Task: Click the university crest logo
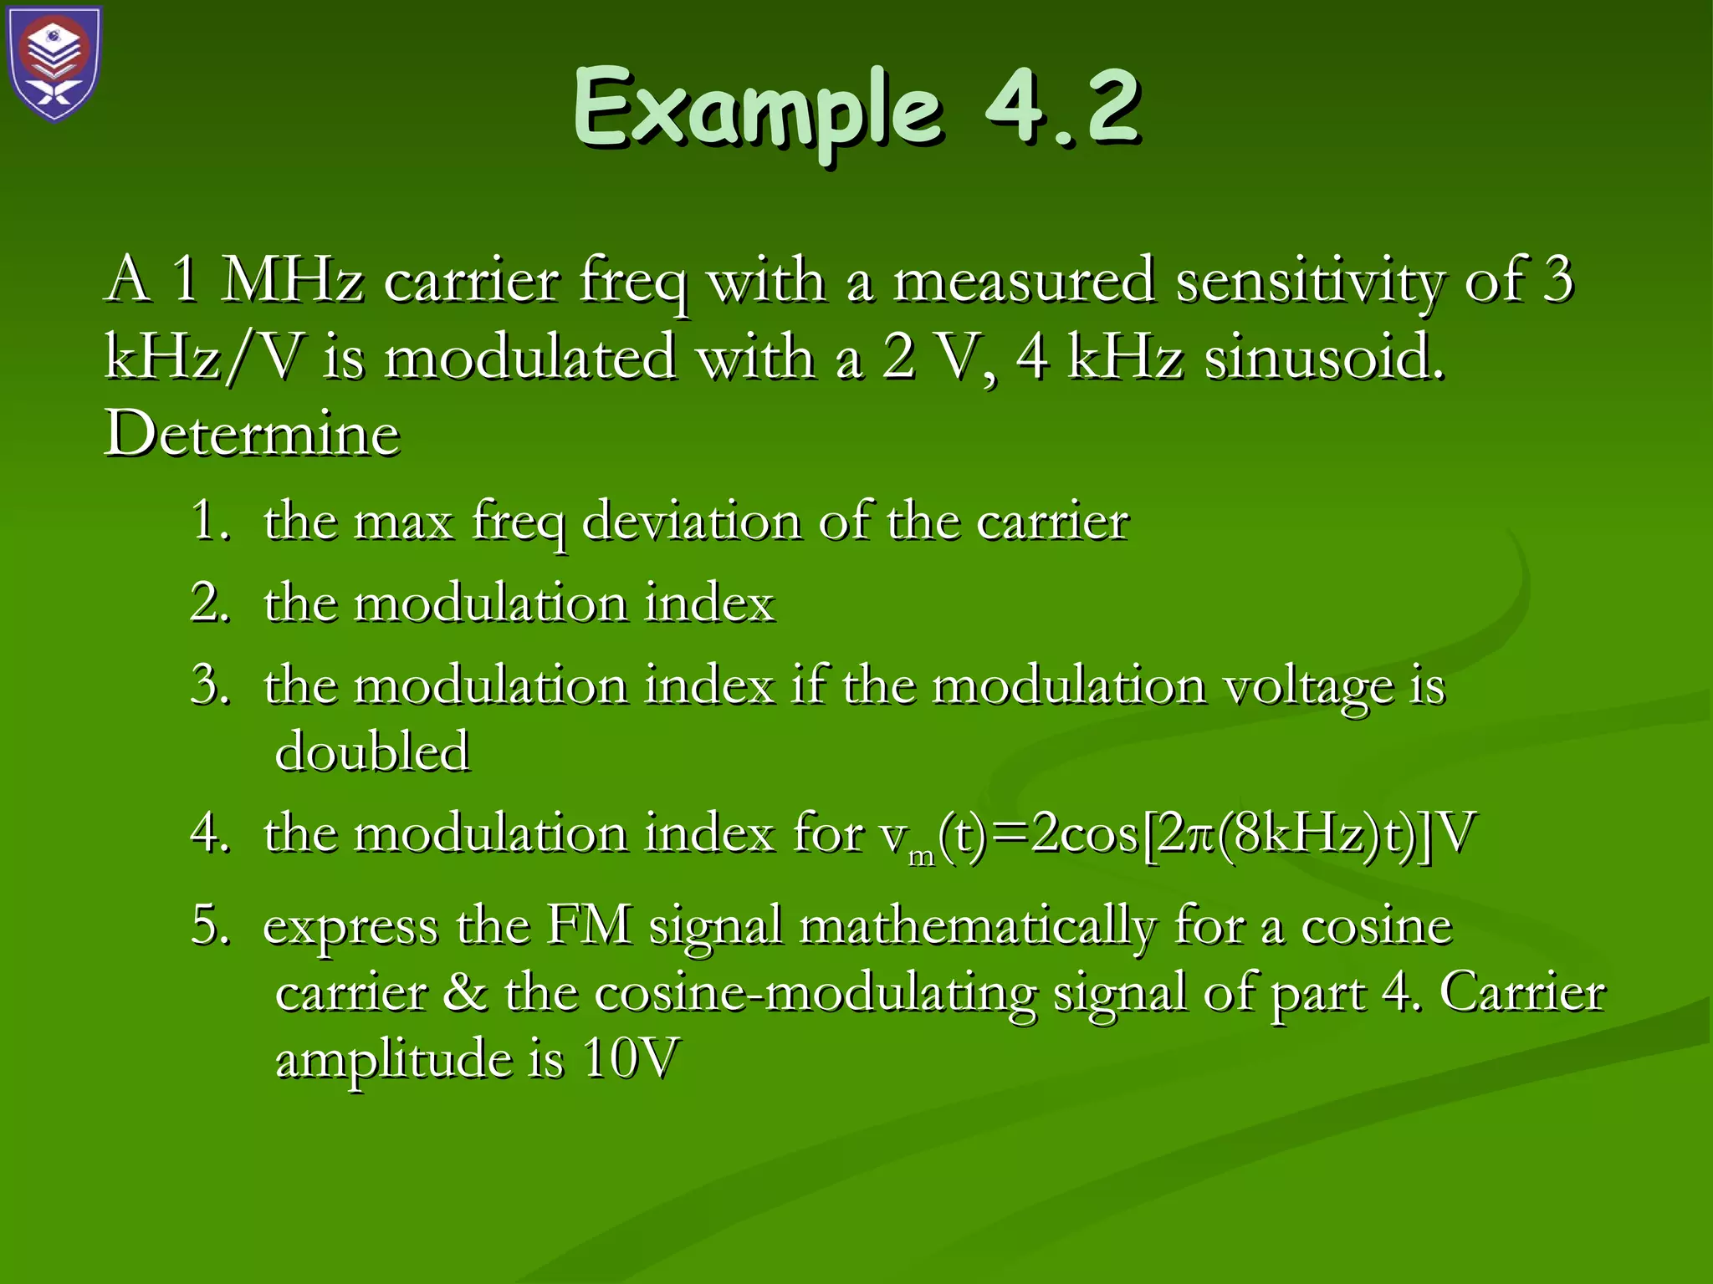pyautogui.click(x=55, y=64)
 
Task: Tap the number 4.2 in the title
pyautogui.click(x=1062, y=107)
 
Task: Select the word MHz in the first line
pyautogui.click(x=292, y=281)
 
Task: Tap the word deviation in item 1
pyautogui.click(x=691, y=522)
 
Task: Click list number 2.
pyautogui.click(x=209, y=603)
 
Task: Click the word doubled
pyautogui.click(x=372, y=751)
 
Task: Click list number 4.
pyautogui.click(x=209, y=834)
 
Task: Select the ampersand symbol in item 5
pyautogui.click(x=465, y=992)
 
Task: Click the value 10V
pyautogui.click(x=631, y=1058)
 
